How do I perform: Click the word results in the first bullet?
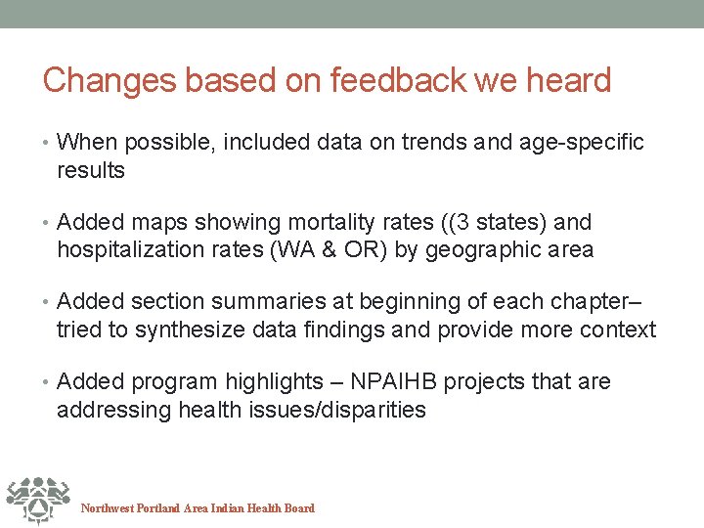click(x=91, y=170)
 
